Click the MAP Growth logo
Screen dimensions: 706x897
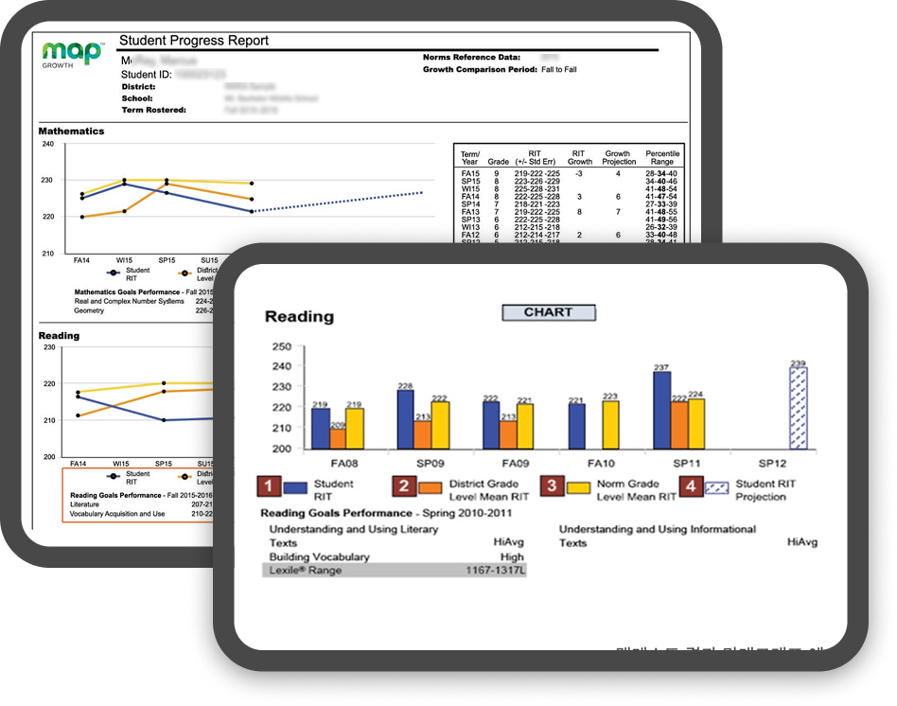tap(72, 53)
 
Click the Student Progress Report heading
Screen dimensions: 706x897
tap(193, 41)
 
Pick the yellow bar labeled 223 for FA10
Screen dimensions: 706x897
tap(609, 425)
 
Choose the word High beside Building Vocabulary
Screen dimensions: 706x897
tap(512, 557)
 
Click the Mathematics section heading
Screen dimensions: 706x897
tap(71, 131)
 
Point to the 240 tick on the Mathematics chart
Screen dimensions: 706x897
tap(47, 144)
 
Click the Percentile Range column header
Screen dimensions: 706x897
tap(661, 157)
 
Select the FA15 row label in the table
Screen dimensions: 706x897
tap(470, 173)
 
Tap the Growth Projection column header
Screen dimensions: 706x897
tap(619, 157)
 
